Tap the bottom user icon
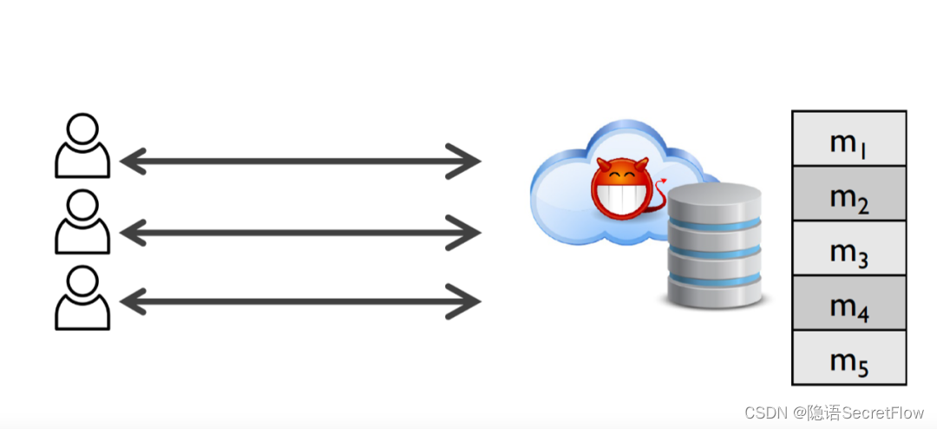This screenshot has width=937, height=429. (82, 298)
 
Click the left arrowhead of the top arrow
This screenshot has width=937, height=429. (130, 162)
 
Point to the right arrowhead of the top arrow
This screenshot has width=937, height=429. (469, 162)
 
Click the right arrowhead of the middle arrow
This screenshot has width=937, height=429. (469, 232)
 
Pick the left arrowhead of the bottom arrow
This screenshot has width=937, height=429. (130, 301)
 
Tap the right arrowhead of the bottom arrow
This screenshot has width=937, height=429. (469, 301)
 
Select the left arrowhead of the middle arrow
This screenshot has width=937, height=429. (130, 232)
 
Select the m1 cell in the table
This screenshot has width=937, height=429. (849, 140)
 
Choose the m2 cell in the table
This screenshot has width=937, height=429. (849, 195)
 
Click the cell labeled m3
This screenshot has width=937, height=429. (849, 249)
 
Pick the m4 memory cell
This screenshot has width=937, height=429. (849, 304)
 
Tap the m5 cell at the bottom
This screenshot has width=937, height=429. (849, 358)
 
